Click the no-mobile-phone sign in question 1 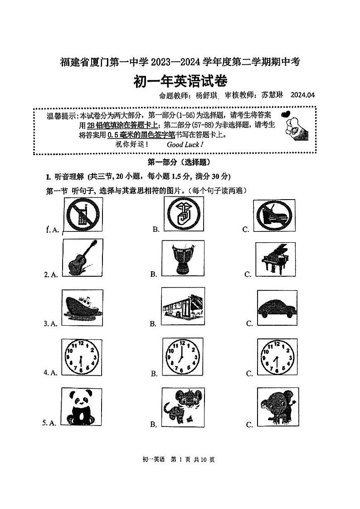pyautogui.click(x=82, y=214)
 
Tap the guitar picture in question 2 pyautogui.click(x=82, y=258)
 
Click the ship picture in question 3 pyautogui.click(x=82, y=307)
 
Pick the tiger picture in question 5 pyautogui.click(x=181, y=406)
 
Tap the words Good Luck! pyautogui.click(x=185, y=145)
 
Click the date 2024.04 pyautogui.click(x=302, y=95)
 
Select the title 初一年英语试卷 pyautogui.click(x=180, y=81)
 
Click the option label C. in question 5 pyautogui.click(x=249, y=425)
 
